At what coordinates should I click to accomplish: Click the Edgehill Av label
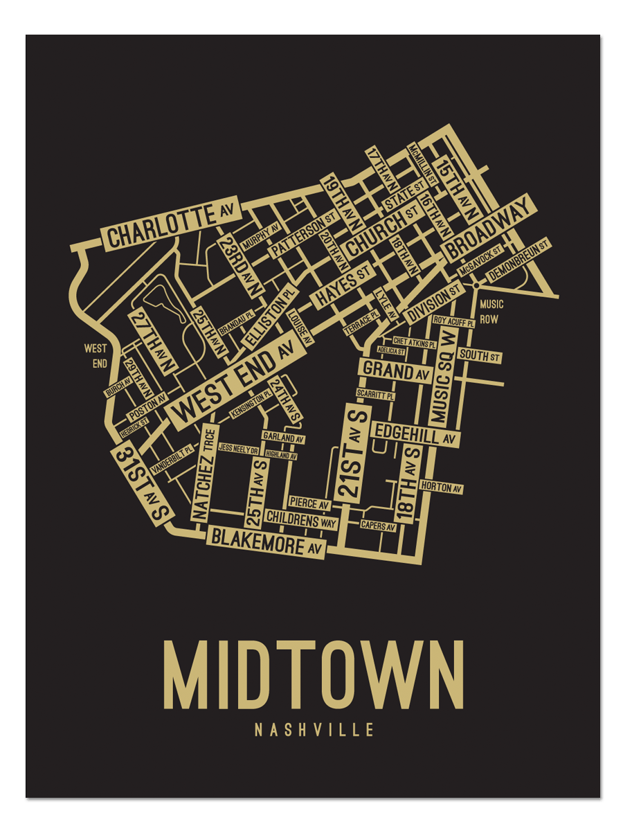coord(415,434)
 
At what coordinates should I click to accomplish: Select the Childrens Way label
coord(301,519)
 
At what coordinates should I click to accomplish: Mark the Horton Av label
coord(441,488)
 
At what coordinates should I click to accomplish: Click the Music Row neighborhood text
coord(491,312)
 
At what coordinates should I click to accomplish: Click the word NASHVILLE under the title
coord(314,730)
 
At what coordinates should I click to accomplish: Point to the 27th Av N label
coord(152,339)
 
